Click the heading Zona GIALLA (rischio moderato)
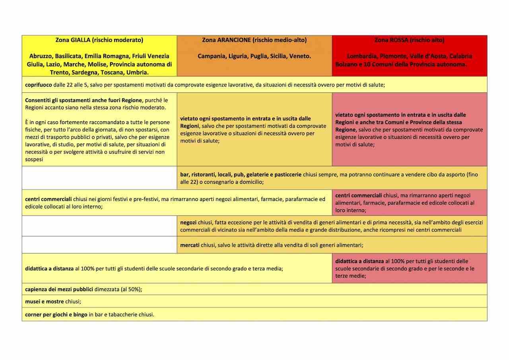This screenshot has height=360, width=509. click(99, 40)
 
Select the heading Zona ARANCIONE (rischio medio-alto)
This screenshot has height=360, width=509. click(254, 40)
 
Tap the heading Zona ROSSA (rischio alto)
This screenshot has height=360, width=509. click(410, 40)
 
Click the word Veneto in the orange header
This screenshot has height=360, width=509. click(301, 56)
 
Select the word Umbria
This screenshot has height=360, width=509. click(138, 72)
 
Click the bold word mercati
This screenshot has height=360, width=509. click(190, 245)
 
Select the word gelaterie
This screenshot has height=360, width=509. click(260, 175)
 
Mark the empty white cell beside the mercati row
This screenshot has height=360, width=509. click(99, 245)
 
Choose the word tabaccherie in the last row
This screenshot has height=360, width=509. click(120, 314)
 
